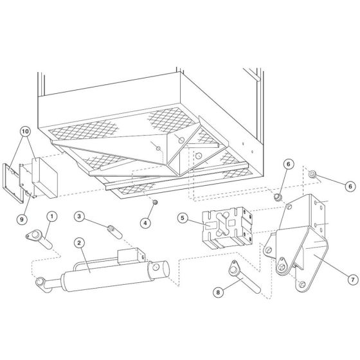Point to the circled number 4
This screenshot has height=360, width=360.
146,223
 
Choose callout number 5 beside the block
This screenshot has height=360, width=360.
183,219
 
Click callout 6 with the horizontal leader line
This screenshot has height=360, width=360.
350,186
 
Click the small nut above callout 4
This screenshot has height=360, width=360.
156,203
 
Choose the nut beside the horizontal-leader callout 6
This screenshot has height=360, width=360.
312,174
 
